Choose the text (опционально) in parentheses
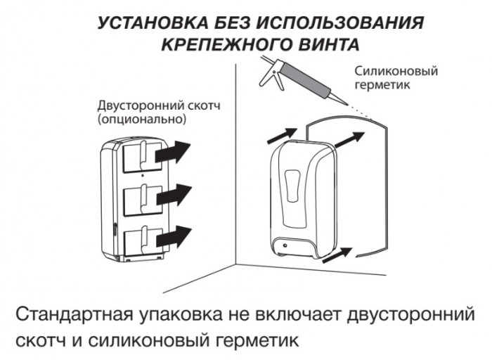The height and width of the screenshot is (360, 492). coord(142,120)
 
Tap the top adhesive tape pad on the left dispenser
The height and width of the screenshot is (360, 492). coord(143,157)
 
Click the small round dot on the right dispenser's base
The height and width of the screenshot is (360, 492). coord(285,245)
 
